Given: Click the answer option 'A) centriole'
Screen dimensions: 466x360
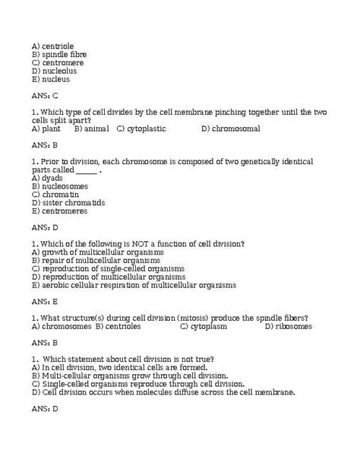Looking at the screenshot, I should tap(53, 46).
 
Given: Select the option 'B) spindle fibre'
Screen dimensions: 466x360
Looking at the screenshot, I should tap(59, 55).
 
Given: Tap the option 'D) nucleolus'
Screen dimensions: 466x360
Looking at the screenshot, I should tap(55, 71).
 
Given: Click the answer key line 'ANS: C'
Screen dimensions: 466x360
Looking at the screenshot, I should tap(45, 96).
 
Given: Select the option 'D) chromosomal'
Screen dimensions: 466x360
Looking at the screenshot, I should tap(231, 128).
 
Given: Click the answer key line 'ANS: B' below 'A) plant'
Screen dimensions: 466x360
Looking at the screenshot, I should tap(45, 144).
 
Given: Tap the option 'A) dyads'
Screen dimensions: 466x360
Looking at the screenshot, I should tap(47, 178).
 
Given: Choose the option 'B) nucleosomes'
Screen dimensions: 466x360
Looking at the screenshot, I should tap(59, 186).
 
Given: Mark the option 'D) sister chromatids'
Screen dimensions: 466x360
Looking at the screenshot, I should tap(68, 203).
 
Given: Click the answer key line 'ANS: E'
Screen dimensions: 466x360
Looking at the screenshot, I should tap(45, 302).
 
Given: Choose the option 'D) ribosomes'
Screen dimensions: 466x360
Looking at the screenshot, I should tap(288, 326).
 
